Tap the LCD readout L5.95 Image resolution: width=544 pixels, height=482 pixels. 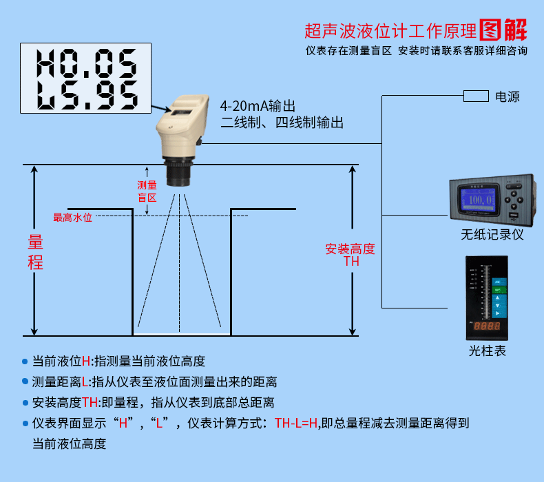[x=85, y=95]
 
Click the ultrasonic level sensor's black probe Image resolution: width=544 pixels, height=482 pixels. [x=180, y=175]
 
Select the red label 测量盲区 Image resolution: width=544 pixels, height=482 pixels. [x=147, y=191]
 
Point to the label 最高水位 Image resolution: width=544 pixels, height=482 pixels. [x=73, y=218]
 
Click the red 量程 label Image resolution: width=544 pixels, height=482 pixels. [x=35, y=252]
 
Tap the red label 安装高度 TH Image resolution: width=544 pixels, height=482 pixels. [x=351, y=255]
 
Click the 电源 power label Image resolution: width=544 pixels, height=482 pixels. [x=508, y=96]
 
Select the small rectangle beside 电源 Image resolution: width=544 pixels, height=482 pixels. [x=475, y=96]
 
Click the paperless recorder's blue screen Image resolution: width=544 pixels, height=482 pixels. [x=479, y=200]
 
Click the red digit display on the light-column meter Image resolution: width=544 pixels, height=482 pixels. [x=488, y=324]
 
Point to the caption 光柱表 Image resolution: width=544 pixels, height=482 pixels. [x=487, y=350]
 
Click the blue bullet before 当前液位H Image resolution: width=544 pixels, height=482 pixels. [x=25, y=361]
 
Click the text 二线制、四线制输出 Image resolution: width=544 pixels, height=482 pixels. [x=282, y=123]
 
